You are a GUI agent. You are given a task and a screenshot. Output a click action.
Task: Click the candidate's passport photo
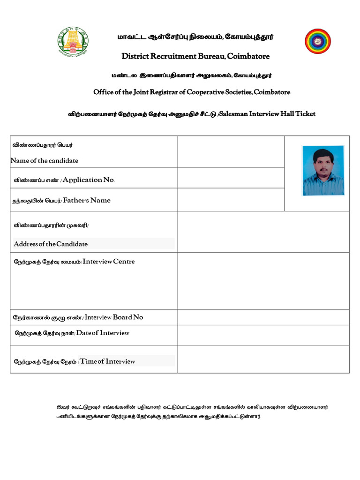[323, 170]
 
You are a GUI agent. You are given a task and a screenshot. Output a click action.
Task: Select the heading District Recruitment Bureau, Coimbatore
[195, 56]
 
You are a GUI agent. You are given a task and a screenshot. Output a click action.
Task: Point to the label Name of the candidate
[45, 161]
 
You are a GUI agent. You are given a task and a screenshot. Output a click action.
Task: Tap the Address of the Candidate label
[51, 244]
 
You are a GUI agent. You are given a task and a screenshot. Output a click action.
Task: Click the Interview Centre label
[108, 262]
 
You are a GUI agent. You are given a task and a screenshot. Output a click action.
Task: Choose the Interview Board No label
[114, 317]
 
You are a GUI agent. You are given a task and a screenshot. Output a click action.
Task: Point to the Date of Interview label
[103, 333]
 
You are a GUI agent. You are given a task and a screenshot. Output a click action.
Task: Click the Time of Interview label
[108, 361]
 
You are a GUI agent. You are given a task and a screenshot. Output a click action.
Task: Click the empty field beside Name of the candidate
[231, 152]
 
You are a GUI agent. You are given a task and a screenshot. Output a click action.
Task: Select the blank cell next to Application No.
[231, 178]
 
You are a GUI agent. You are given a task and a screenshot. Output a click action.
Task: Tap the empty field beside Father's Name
[231, 200]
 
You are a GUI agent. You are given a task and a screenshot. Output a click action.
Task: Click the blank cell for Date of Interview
[263, 335]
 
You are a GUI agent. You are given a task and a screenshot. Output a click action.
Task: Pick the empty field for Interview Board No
[263, 317]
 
